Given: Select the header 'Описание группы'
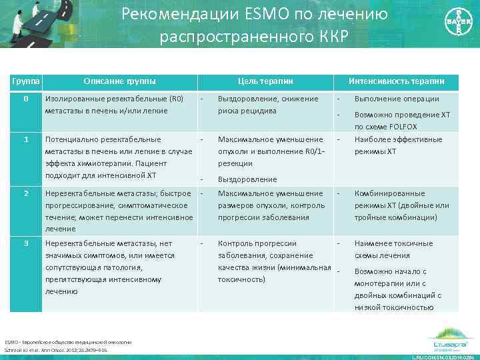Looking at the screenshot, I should pos(119,81).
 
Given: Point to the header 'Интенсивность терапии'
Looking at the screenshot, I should pos(405,81).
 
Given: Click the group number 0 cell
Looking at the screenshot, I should pos(25,99).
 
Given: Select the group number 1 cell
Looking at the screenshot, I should pos(25,139).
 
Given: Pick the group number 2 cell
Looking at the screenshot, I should pos(25,193).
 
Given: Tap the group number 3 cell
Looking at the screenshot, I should pos(25,243).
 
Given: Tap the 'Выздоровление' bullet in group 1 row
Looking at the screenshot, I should pos(247,179).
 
